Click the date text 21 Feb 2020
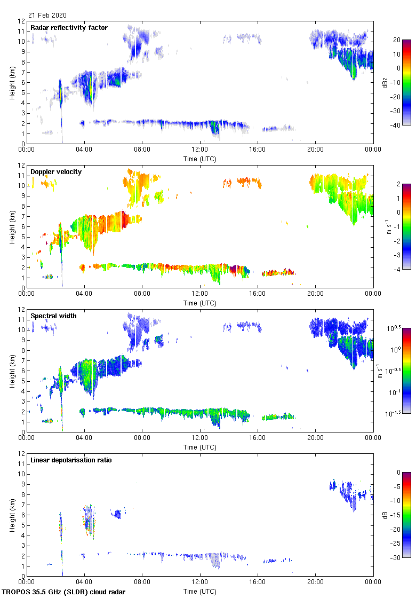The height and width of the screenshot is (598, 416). [48, 15]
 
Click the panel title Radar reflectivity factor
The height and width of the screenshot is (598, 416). [69, 28]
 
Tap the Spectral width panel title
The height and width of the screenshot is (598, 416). [53, 316]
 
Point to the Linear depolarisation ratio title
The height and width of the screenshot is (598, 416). [71, 460]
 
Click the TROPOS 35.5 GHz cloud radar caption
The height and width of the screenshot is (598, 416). [64, 592]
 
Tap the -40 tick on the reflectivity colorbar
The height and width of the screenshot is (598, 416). [396, 125]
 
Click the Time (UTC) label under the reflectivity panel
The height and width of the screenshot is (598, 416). [200, 159]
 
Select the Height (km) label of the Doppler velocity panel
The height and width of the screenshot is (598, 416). [12, 226]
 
